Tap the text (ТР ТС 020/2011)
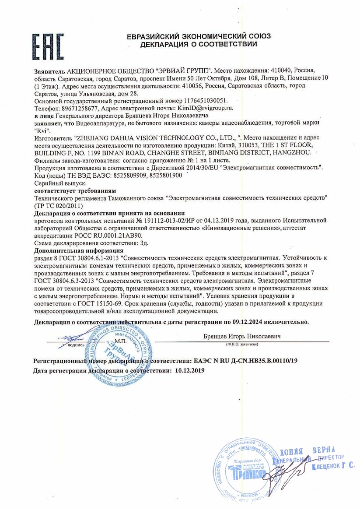59,205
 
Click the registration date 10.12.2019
189,370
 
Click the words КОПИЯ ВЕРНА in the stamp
307,452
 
